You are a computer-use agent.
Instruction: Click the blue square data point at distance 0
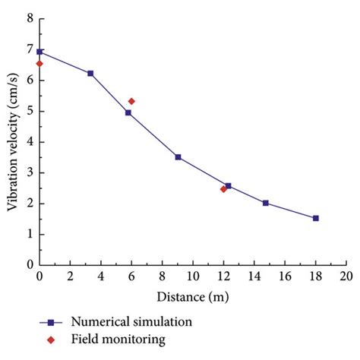39,52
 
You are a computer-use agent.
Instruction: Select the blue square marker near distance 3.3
90,74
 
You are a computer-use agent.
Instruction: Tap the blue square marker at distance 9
178,157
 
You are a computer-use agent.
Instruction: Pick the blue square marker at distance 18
316,218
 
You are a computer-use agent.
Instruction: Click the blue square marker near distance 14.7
265,203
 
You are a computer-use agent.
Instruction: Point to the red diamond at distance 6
131,101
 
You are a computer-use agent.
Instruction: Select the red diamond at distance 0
39,64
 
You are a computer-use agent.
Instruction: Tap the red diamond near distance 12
223,189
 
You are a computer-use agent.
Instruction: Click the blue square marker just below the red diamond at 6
128,112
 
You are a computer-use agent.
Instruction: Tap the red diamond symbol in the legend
50,339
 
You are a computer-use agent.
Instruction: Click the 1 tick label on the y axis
28,234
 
